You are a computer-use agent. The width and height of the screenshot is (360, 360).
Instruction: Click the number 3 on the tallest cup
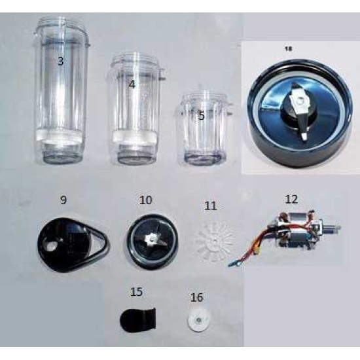(x=61, y=62)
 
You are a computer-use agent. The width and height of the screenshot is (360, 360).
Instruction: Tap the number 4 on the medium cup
(x=132, y=84)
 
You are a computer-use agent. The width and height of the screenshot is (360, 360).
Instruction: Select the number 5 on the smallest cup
(x=202, y=116)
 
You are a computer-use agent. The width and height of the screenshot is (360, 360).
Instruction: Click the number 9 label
(x=63, y=196)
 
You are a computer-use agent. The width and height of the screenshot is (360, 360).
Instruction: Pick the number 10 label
(x=144, y=198)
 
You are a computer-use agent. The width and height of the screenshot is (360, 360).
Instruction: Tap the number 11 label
(x=210, y=206)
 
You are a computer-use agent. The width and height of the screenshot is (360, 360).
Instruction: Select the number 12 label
(x=291, y=198)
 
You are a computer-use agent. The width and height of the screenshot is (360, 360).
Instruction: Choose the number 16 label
(x=196, y=297)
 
